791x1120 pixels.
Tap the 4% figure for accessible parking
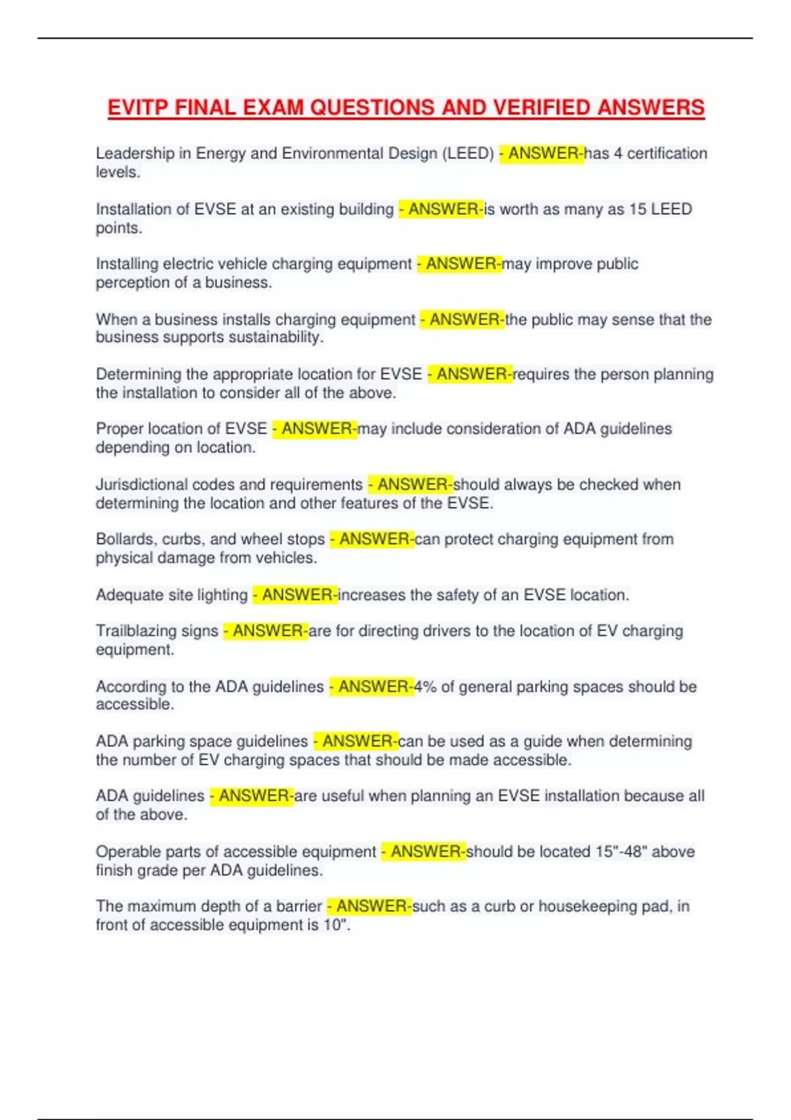(x=425, y=687)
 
